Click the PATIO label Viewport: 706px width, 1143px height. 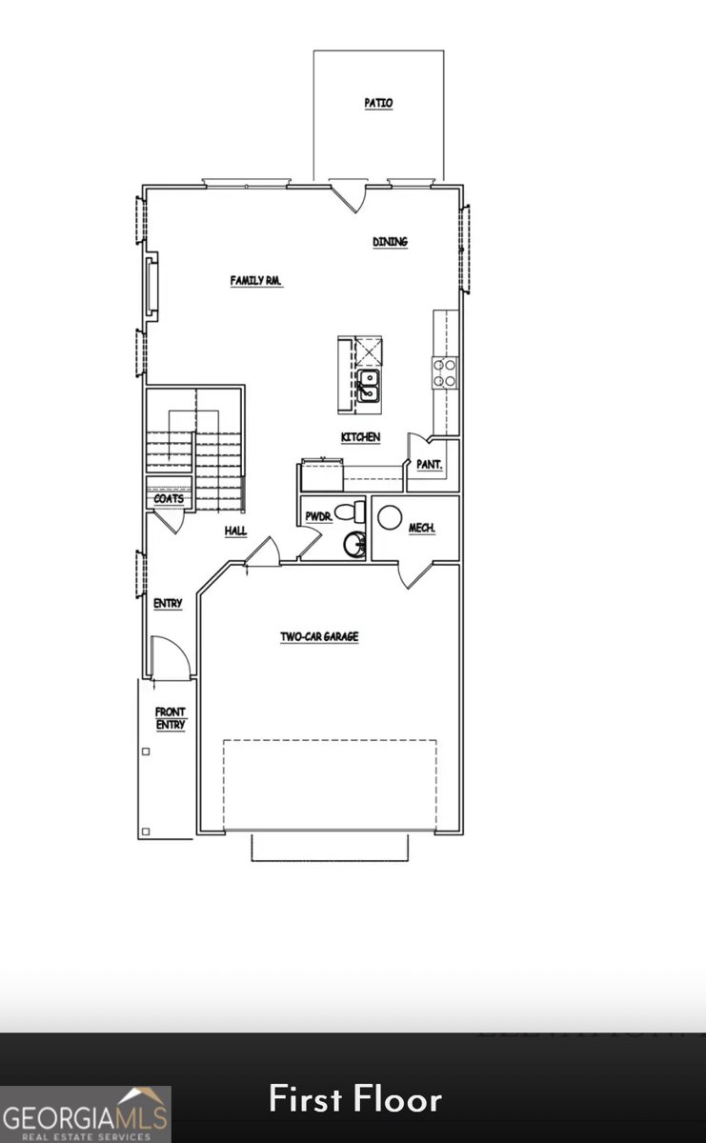pos(378,103)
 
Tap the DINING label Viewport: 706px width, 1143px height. pos(390,242)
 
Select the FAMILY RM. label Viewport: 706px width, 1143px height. pos(257,280)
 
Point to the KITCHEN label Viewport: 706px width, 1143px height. pos(361,437)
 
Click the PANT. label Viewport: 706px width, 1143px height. pos(429,465)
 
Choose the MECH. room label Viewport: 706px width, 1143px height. pos(422,528)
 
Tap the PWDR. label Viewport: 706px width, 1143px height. pos(317,516)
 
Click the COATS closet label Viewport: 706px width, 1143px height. pos(169,498)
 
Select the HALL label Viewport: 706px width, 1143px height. pos(236,531)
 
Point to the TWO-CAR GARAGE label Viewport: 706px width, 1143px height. pos(319,636)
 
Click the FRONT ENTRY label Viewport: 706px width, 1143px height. pos(171,718)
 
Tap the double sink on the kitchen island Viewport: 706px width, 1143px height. pos(369,385)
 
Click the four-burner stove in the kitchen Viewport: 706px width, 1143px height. pos(445,371)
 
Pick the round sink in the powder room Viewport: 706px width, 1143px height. pos(354,545)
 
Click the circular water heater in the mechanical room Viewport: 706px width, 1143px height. pos(389,517)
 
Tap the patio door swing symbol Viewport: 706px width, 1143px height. pos(348,194)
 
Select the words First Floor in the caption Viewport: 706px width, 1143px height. pos(354,1099)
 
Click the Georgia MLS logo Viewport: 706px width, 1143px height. pos(86,1114)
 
